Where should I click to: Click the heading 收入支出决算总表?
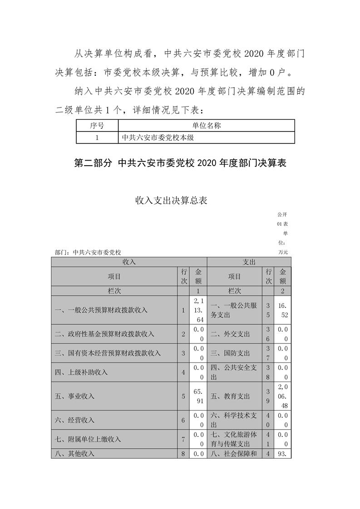tap(171, 201)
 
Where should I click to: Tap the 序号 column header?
tap(97, 126)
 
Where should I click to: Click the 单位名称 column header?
tap(206, 126)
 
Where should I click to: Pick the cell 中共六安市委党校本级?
tap(158, 137)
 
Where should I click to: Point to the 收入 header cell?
tap(129, 262)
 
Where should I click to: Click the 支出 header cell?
tap(249, 262)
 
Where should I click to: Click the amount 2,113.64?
tap(198, 311)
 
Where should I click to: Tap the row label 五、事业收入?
tap(74, 396)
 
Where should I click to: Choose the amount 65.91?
tap(198, 396)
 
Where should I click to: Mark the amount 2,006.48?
tap(283, 396)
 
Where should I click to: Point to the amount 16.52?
tap(283, 311)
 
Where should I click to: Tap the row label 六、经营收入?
tap(74, 420)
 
